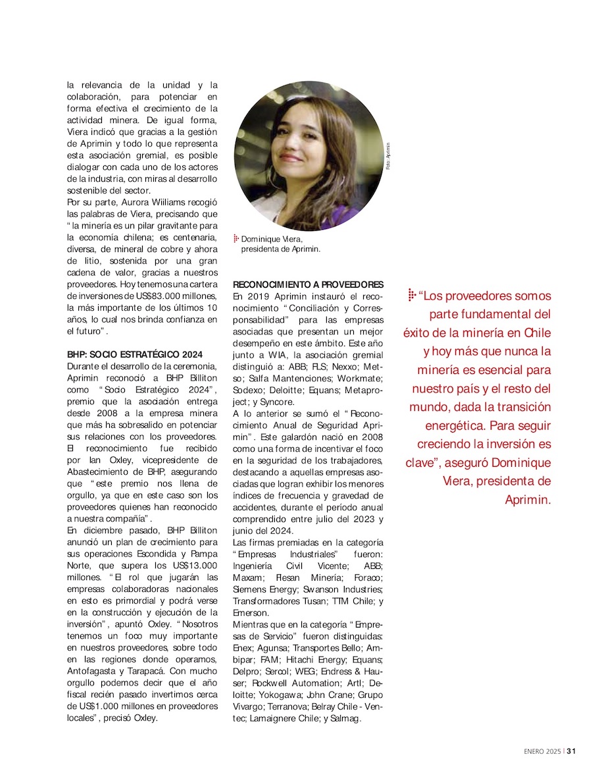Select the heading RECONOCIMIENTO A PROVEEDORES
308,284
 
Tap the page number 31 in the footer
572,750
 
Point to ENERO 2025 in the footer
542,750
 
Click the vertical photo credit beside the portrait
389,157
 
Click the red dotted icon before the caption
236,239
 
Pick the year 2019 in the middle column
257,296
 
